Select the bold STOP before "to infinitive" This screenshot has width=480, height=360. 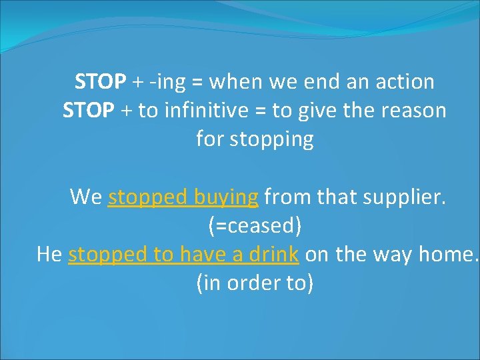click(x=88, y=111)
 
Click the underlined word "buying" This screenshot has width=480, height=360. click(x=226, y=197)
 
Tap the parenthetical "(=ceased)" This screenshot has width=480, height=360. click(x=255, y=225)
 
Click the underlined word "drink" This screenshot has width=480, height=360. click(x=275, y=254)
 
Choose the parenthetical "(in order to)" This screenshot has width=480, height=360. click(x=255, y=283)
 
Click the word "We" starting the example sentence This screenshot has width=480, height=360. click(x=86, y=197)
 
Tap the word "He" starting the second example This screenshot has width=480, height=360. click(x=49, y=254)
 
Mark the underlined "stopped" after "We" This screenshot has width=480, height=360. click(x=147, y=197)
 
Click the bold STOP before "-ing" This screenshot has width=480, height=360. click(x=100, y=82)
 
